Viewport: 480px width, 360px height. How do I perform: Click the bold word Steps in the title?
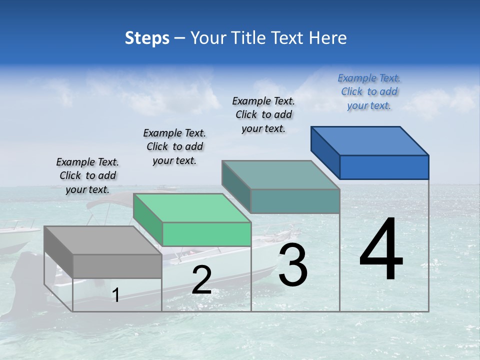147,38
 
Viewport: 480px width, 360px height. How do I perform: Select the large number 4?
381,250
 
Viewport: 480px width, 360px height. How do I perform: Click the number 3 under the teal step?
293,265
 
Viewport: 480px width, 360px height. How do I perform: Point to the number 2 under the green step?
201,280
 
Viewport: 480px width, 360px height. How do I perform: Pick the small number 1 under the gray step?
116,295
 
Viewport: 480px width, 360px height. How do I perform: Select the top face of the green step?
192,208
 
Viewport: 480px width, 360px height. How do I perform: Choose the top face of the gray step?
103,240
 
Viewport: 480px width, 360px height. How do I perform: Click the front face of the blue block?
384,167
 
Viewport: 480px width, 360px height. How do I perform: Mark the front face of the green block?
206,234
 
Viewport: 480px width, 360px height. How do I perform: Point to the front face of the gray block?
117,266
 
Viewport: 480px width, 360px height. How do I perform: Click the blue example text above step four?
369,91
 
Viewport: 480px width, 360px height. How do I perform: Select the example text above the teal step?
263,114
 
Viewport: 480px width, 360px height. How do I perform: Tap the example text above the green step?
174,146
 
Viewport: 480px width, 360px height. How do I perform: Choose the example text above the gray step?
87,175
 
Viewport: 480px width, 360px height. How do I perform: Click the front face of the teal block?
295,201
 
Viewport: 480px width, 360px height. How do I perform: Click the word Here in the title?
328,38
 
